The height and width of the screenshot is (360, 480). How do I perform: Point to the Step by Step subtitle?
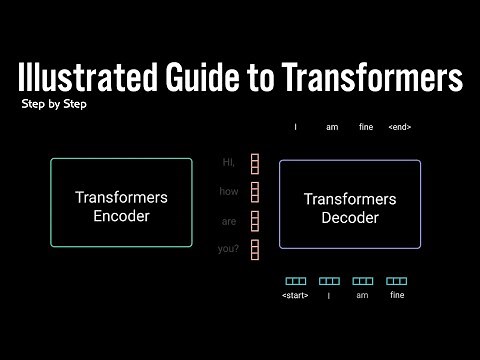53,104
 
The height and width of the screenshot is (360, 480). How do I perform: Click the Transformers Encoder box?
121,203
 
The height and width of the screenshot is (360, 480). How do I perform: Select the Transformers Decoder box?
349,204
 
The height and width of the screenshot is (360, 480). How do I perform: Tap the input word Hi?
229,162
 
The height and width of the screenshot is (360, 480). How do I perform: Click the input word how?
229,192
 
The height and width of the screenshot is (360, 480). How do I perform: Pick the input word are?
229,221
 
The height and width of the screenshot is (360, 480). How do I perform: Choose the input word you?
229,249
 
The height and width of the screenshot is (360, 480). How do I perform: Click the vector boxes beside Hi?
255,163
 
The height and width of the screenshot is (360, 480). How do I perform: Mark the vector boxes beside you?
255,249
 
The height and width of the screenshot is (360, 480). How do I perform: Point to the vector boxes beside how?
255,192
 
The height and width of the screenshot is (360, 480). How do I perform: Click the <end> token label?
399,127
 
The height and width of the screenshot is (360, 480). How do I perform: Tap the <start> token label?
295,296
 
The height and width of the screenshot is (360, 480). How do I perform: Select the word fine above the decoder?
366,127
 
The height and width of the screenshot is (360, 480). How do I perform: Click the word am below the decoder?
362,296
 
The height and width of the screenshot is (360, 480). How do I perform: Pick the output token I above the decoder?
296,127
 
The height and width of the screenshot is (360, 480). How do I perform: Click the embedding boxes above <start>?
295,281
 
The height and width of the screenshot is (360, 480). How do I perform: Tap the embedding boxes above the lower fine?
397,281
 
